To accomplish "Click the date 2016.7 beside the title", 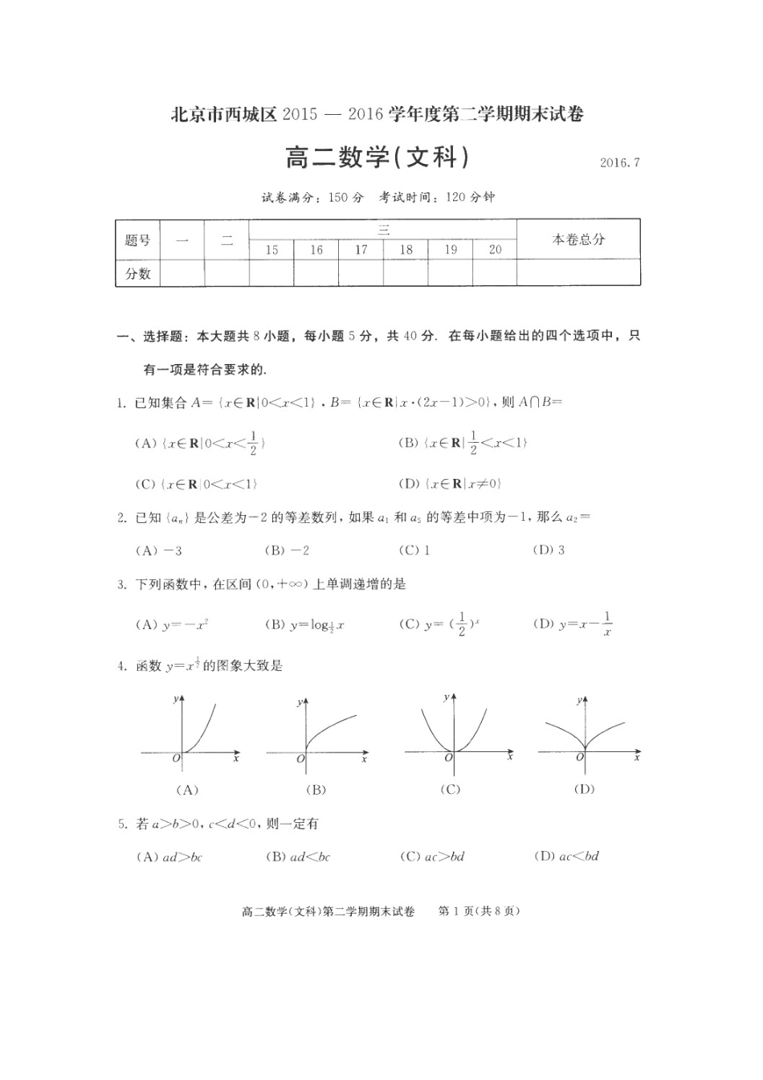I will [x=619, y=162].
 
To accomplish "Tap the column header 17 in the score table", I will [x=361, y=250].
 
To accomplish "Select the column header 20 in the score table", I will [x=495, y=250].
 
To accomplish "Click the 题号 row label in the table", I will [x=138, y=240].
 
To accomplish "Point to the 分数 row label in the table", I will [x=138, y=273].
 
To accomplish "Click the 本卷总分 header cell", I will [x=578, y=239].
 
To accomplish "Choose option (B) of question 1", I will [x=463, y=443].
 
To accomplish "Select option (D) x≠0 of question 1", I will [x=450, y=484].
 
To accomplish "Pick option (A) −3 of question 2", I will [x=160, y=550].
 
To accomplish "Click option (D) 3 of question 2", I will [x=549, y=550].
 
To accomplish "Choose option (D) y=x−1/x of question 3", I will [x=573, y=624].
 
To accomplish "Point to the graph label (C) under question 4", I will [x=451, y=790].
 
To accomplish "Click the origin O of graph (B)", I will [x=300, y=759].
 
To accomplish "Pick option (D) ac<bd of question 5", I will [x=566, y=857].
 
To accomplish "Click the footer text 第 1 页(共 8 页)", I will [x=479, y=911].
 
